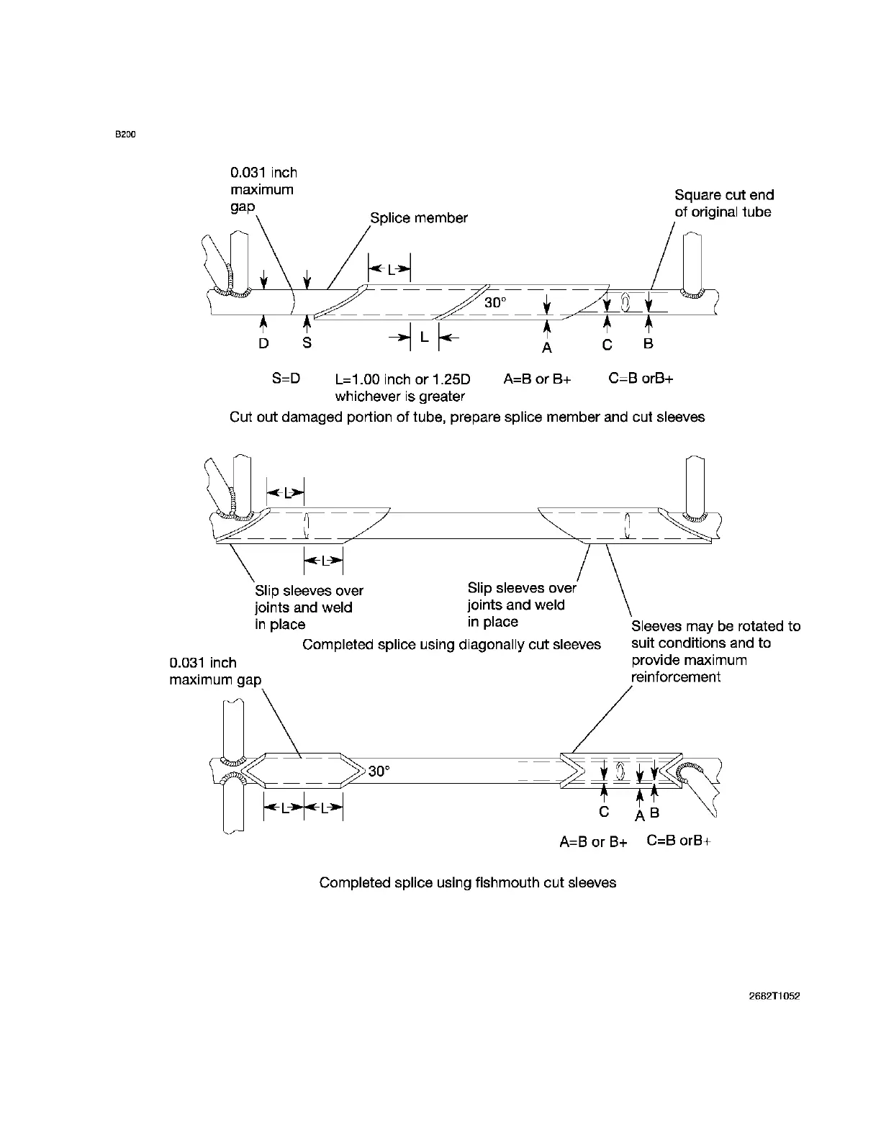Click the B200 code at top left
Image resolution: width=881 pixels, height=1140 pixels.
tap(126, 135)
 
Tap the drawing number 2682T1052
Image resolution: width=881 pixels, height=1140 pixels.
tap(774, 997)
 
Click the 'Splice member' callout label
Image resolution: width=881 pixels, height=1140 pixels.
tap(419, 217)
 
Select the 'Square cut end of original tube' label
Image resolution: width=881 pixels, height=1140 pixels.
tap(723, 203)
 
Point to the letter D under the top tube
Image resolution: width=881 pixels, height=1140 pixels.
tap(264, 343)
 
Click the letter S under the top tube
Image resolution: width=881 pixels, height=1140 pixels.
tap(307, 343)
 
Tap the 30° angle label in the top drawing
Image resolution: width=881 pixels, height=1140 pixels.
tap(495, 303)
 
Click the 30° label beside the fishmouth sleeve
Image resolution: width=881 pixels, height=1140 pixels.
tap(379, 772)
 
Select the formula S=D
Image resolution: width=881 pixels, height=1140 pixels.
tap(286, 379)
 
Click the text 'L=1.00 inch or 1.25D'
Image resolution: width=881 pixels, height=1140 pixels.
tap(403, 379)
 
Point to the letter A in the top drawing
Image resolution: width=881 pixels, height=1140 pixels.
tap(547, 348)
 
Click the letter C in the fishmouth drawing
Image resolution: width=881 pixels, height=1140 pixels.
tap(604, 811)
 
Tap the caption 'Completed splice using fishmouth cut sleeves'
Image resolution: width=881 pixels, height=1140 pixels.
tap(468, 882)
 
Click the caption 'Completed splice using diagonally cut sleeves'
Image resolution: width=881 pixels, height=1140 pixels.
tap(451, 644)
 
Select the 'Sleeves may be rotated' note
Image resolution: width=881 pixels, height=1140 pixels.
tap(715, 651)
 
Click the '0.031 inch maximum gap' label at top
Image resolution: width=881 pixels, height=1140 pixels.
tap(263, 189)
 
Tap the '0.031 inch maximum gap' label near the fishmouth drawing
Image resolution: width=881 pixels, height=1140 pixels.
tap(214, 671)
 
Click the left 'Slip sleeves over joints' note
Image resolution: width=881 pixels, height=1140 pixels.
tap(309, 607)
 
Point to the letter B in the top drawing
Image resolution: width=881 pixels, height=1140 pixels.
tap(649, 344)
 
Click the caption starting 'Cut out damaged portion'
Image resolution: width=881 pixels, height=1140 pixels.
tap(467, 417)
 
